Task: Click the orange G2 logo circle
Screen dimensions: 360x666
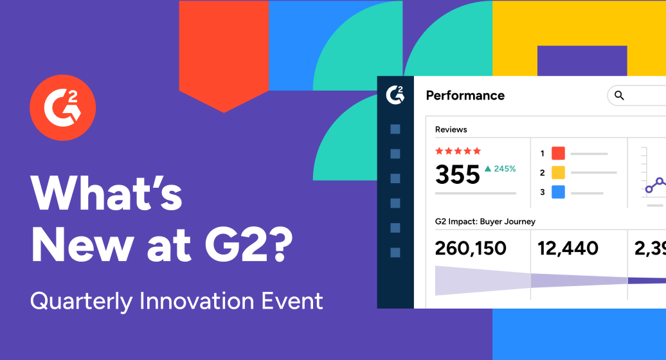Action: point(62,107)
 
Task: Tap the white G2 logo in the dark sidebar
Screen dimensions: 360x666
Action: point(395,94)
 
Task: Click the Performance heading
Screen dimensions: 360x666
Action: point(465,95)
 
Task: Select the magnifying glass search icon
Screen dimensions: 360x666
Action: point(619,95)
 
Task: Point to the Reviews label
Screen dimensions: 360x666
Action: point(451,129)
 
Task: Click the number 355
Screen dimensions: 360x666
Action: point(457,174)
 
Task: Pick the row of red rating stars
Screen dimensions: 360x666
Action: point(458,151)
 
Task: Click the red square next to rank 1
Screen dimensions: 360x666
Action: point(558,153)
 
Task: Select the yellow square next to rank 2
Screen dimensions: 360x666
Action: point(558,172)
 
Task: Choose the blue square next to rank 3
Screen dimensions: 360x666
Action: point(558,192)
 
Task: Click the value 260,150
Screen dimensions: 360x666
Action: point(471,248)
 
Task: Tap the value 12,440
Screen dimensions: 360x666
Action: point(568,248)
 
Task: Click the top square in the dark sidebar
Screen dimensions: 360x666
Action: point(395,129)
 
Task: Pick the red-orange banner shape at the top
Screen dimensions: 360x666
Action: point(223,51)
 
